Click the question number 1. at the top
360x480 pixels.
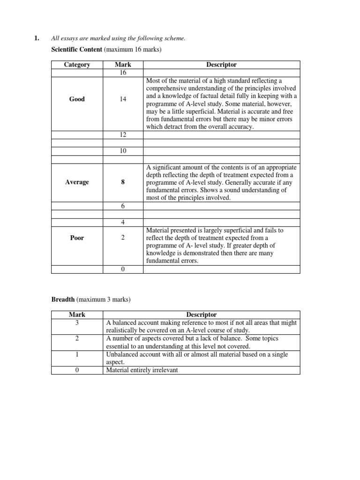coord(37,38)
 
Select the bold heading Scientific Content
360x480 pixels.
coord(76,49)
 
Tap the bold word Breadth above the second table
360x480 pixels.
coord(63,299)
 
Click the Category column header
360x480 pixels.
coord(77,65)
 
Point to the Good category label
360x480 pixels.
coord(77,99)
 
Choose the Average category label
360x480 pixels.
coord(77,182)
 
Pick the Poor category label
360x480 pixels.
coord(77,238)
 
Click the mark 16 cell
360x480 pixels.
coord(122,73)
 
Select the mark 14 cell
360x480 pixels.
coord(122,99)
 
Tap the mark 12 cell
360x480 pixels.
coord(122,135)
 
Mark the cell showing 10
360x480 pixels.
coord(122,151)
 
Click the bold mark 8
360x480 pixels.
coord(123,182)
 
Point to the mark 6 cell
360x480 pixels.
coord(122,206)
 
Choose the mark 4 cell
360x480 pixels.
coord(122,222)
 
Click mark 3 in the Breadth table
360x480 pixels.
coord(77,322)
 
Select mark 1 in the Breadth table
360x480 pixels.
coord(77,355)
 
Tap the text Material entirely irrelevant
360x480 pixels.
coord(142,370)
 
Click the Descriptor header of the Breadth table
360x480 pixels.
coord(201,315)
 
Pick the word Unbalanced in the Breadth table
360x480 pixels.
coord(123,354)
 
